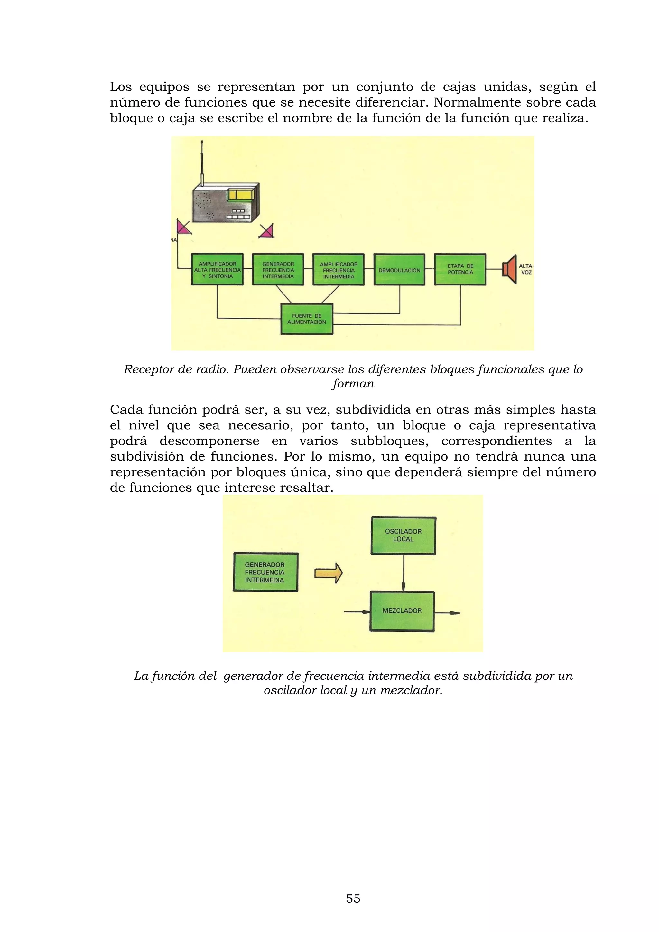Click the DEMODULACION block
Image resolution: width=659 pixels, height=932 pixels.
point(399,270)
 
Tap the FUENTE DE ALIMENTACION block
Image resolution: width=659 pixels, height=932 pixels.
point(307,319)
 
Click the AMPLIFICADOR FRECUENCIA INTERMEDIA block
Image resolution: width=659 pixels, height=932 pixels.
point(339,270)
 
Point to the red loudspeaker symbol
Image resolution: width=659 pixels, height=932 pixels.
point(510,269)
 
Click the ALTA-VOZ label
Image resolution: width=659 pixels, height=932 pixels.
point(526,269)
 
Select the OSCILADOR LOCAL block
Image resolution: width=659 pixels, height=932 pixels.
point(404,536)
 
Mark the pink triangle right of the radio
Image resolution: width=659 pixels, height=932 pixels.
point(267,231)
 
